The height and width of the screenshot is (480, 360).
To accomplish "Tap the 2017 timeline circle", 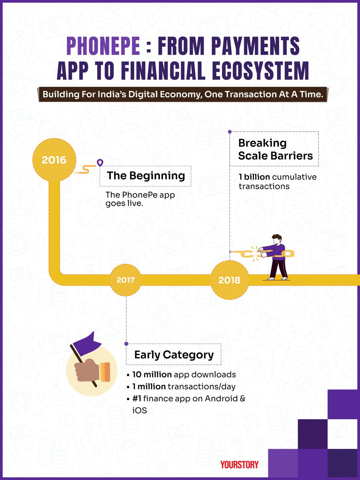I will pyautogui.click(x=126, y=280).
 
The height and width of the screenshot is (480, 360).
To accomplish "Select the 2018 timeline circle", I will pyautogui.click(x=229, y=280).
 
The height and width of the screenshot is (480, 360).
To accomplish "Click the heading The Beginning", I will pyautogui.click(x=146, y=176).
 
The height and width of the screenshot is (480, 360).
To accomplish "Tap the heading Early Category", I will pyautogui.click(x=174, y=354).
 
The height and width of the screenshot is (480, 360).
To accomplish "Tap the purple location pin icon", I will pyautogui.click(x=100, y=163).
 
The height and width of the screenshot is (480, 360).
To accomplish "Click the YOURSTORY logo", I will pyautogui.click(x=239, y=464).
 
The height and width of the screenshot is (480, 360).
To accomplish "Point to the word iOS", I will pyautogui.click(x=138, y=410).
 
